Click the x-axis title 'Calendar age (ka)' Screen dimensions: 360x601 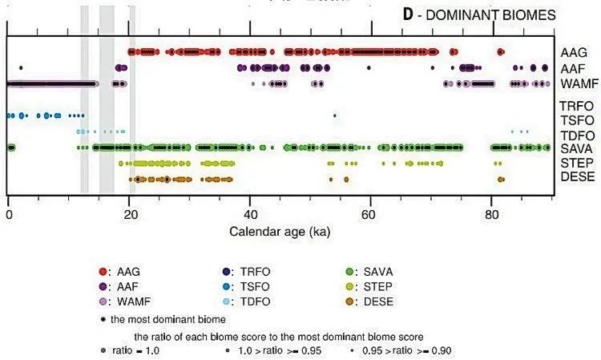[280, 231]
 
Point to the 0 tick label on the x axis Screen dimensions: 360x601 [8, 215]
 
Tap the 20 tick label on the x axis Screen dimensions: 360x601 [130, 215]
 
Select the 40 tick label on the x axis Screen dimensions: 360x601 [251, 215]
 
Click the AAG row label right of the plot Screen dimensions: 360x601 [575, 52]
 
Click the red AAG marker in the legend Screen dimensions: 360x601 [103, 272]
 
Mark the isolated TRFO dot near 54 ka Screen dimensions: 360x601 [335, 116]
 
